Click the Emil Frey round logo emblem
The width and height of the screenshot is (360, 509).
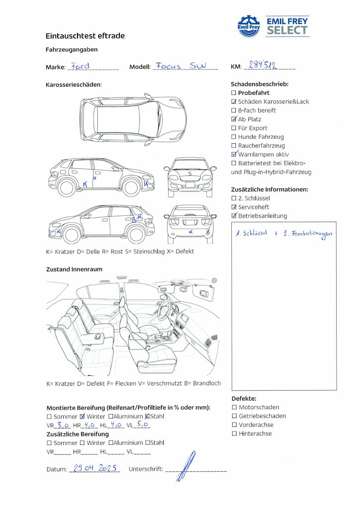click(249, 26)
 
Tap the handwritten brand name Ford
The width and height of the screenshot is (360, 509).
click(80, 66)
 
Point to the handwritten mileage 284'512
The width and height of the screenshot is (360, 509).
click(263, 65)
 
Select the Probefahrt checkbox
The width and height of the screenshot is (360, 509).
click(233, 93)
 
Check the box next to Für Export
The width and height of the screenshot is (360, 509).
click(233, 128)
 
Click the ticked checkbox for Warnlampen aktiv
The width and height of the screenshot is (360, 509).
click(234, 154)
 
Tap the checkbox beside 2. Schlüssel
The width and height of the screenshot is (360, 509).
click(234, 198)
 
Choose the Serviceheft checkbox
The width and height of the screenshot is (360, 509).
click(234, 207)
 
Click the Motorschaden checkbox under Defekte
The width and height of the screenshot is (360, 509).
click(234, 407)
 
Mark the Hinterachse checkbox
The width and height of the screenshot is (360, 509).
click(234, 433)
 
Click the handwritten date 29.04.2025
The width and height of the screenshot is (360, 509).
click(95, 468)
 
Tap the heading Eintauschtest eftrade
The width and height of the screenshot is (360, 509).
click(85, 36)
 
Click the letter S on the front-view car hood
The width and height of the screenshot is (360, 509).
click(190, 173)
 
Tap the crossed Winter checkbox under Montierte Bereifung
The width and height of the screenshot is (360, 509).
click(83, 416)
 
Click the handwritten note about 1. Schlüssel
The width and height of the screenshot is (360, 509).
click(284, 234)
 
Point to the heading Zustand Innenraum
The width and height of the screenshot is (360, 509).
click(74, 269)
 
